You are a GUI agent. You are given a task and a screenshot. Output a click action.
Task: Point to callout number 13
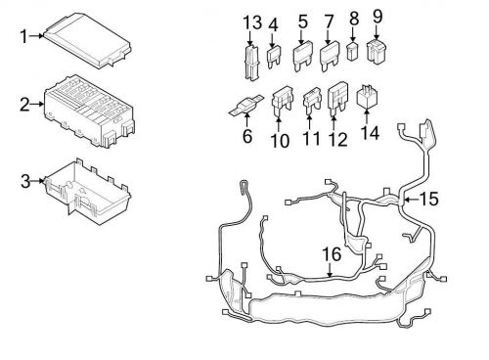coord(253,22)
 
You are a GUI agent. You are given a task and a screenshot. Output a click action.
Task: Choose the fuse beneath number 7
coord(329,60)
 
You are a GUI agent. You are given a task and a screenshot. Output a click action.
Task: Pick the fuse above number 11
coord(311,99)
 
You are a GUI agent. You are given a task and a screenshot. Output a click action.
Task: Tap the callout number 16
coord(333,254)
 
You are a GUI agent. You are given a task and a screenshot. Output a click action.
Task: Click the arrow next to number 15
coord(413,201)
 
